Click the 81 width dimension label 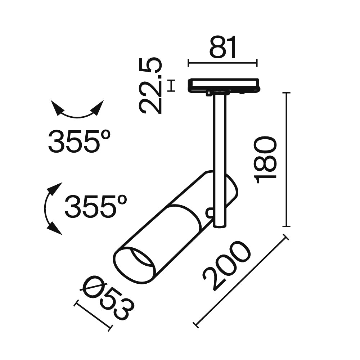[223, 48]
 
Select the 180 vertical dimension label [266, 159]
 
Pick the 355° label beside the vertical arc [96, 207]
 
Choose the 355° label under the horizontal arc [79, 141]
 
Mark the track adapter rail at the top [223, 85]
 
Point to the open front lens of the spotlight [135, 265]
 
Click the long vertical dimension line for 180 [286, 159]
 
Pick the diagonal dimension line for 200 [241, 281]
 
